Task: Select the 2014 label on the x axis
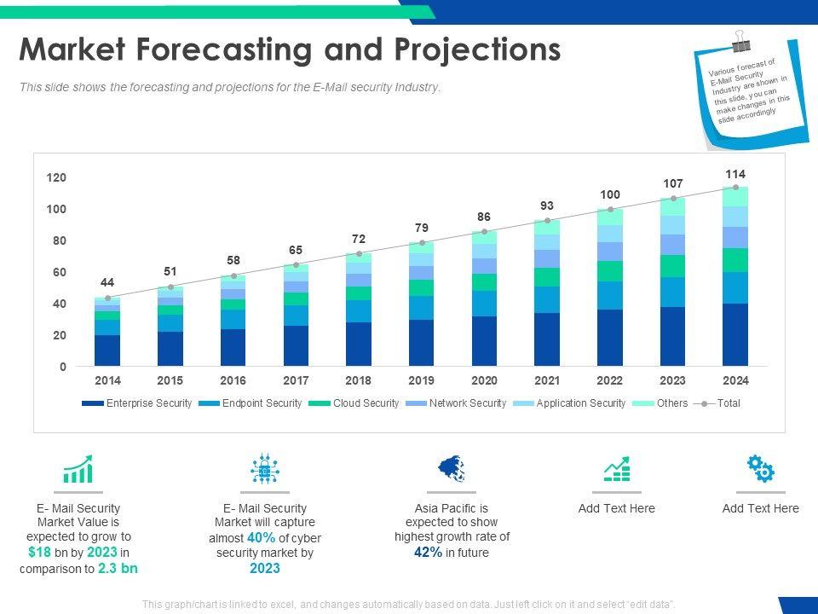[x=107, y=380]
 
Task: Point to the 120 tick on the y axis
[x=56, y=177]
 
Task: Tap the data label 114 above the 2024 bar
[x=735, y=174]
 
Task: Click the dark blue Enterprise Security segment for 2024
[x=735, y=334]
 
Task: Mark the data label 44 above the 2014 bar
[x=107, y=282]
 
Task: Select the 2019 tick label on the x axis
[x=421, y=380]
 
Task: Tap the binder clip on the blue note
[x=740, y=41]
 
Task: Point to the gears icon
[x=760, y=468]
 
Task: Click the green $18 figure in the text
[x=41, y=553]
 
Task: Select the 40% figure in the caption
[x=261, y=537]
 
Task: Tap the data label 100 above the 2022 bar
[x=610, y=194]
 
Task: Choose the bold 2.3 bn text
[x=118, y=568]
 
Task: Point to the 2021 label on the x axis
[x=547, y=380]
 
